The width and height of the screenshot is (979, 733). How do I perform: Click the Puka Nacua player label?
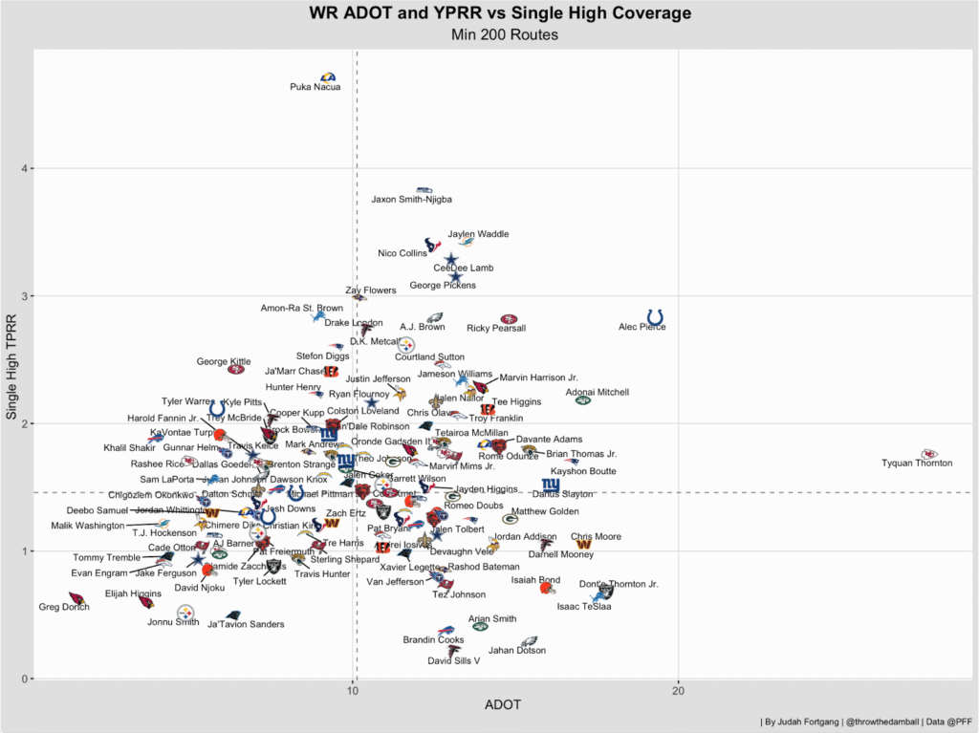pos(315,87)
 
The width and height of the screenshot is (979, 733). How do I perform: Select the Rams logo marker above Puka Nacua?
pos(328,77)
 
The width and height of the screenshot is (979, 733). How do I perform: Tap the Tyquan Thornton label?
pos(917,464)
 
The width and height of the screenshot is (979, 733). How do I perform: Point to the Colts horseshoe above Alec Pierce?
pos(656,316)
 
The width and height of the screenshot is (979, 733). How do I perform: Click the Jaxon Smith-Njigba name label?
pos(411,200)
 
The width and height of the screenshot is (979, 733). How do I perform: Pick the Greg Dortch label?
pos(63,607)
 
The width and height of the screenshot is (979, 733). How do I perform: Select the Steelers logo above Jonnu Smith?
pos(185,612)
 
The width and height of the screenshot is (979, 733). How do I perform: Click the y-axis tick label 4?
pos(22,169)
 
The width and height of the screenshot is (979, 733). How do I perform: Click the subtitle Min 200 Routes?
pos(503,35)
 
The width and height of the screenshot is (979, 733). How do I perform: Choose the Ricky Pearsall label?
pos(496,329)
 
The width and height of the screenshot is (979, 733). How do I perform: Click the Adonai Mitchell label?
pos(598,392)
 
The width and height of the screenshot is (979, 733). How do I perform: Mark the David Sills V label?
pos(453,660)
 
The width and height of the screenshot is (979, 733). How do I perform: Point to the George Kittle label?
pos(225,361)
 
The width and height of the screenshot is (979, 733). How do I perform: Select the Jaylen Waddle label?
pos(478,234)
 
